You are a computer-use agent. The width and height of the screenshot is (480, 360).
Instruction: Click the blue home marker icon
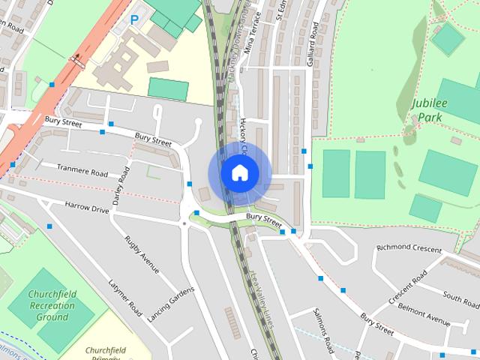click(x=239, y=173)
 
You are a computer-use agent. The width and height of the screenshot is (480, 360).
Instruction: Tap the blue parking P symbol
click(x=133, y=20)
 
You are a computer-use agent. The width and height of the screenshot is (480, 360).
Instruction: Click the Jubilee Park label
click(x=428, y=110)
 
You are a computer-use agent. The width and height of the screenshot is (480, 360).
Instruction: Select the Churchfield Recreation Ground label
click(x=52, y=306)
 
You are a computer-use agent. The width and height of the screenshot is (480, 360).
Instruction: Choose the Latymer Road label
click(x=124, y=297)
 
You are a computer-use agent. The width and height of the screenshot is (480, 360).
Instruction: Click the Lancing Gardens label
click(x=170, y=304)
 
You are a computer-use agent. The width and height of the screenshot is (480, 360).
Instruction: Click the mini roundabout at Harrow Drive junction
click(x=184, y=223)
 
